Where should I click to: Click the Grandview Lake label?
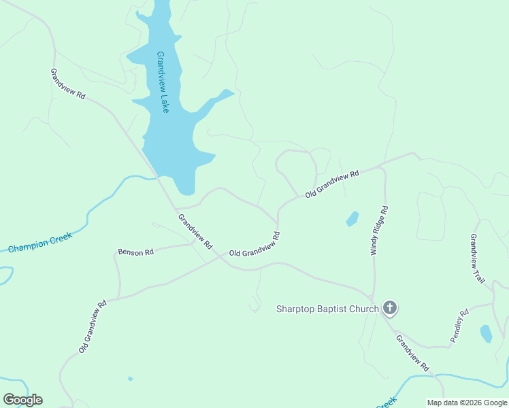tap(163, 82)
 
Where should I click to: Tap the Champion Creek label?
tap(39, 243)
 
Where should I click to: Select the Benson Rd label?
tap(135, 252)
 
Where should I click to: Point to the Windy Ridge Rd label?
tap(379, 230)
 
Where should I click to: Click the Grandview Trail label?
tap(477, 258)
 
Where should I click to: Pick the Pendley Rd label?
tap(460, 326)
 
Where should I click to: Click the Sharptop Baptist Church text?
tap(327, 309)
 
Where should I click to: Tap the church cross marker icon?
tap(390, 308)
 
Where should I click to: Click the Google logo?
tap(23, 400)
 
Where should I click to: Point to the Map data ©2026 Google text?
tap(467, 403)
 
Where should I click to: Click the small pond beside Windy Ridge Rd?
tap(352, 218)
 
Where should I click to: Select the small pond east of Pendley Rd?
tap(486, 333)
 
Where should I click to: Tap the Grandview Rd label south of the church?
tap(413, 354)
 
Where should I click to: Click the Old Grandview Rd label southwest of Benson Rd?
tap(93, 326)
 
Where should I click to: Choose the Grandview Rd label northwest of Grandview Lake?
tap(67, 84)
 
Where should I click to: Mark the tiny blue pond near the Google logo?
tap(130, 379)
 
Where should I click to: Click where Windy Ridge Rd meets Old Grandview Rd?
tap(382, 165)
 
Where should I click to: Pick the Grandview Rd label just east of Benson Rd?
tap(195, 231)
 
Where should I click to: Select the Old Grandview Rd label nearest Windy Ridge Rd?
tap(332, 185)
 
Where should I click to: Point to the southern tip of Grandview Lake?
tap(185, 193)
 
